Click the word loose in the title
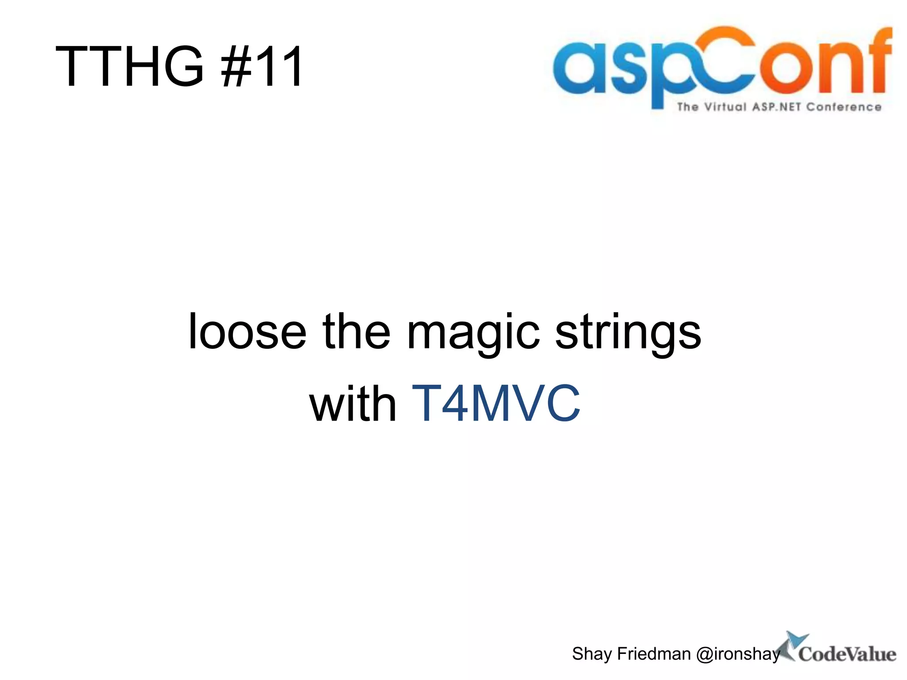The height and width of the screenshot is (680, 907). [247, 332]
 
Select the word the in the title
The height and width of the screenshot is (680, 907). [357, 332]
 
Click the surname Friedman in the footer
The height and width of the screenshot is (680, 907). [654, 654]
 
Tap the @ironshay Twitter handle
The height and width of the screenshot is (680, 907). [738, 654]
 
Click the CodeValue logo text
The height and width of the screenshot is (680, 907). [847, 654]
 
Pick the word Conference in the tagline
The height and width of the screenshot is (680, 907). [844, 107]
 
